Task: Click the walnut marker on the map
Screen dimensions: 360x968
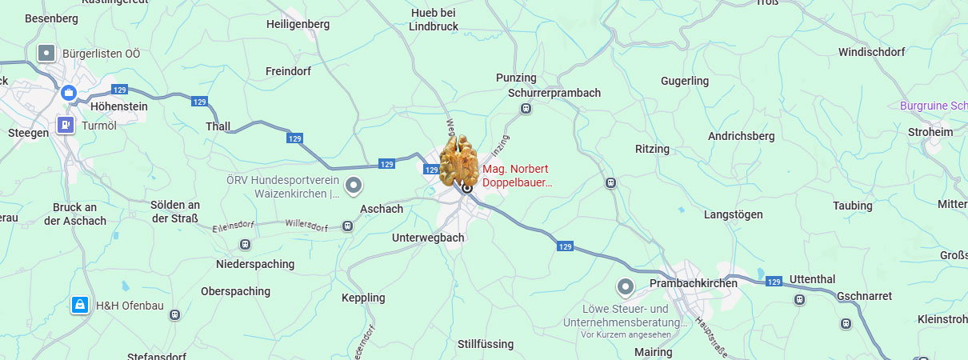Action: coord(459,162)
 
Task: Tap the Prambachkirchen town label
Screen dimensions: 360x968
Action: coord(694,283)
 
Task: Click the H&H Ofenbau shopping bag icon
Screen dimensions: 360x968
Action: coord(79,305)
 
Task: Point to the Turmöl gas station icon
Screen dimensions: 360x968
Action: coord(66,126)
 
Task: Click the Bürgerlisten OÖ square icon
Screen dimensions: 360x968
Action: coord(47,54)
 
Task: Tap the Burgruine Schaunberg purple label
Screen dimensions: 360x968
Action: coord(933,106)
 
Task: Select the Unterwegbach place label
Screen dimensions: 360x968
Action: coord(428,238)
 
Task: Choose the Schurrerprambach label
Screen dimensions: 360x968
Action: coord(554,93)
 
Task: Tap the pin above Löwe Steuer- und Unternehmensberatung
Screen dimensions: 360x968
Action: coord(625,286)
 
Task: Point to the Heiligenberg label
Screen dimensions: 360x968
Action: coord(298,24)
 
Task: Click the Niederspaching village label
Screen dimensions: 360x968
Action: coord(255,264)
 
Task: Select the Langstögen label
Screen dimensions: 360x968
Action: coord(733,214)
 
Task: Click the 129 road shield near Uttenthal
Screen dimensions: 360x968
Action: coord(773,282)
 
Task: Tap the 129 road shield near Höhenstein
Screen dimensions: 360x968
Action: coord(119,90)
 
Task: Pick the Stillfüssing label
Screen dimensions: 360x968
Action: coord(486,344)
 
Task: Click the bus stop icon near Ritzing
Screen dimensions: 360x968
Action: coord(612,182)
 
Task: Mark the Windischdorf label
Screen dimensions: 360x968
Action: coord(871,52)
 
